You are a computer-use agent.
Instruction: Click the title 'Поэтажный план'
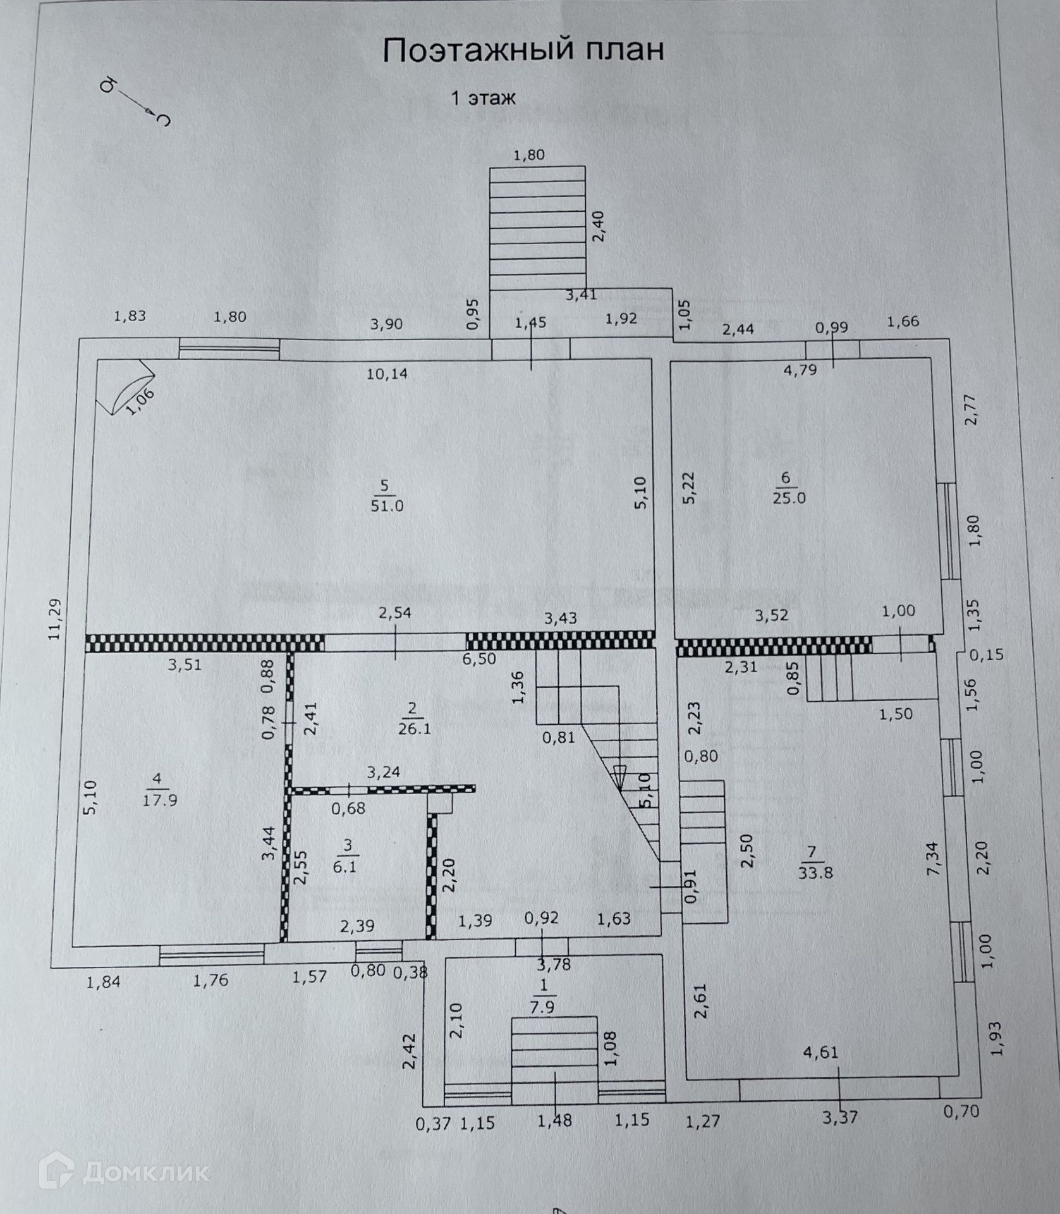point(523,49)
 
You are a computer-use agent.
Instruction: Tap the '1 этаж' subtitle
point(483,98)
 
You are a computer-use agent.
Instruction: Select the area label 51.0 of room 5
point(387,506)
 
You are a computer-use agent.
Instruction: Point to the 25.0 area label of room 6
point(789,498)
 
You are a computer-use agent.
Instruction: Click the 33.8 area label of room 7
point(815,873)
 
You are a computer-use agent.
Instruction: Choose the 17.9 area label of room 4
point(160,800)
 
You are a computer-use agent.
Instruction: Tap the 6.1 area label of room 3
point(344,866)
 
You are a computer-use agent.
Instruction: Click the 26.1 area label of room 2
point(414,728)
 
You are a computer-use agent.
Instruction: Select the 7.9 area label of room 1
point(542,1007)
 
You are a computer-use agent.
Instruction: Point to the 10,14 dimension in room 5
point(387,374)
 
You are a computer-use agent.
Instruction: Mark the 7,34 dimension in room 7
point(933,858)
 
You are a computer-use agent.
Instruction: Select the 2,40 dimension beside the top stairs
point(599,226)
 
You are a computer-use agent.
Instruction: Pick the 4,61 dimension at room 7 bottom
point(820,1053)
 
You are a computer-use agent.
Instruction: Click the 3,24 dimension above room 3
point(384,772)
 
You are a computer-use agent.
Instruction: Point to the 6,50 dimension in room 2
point(479,659)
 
